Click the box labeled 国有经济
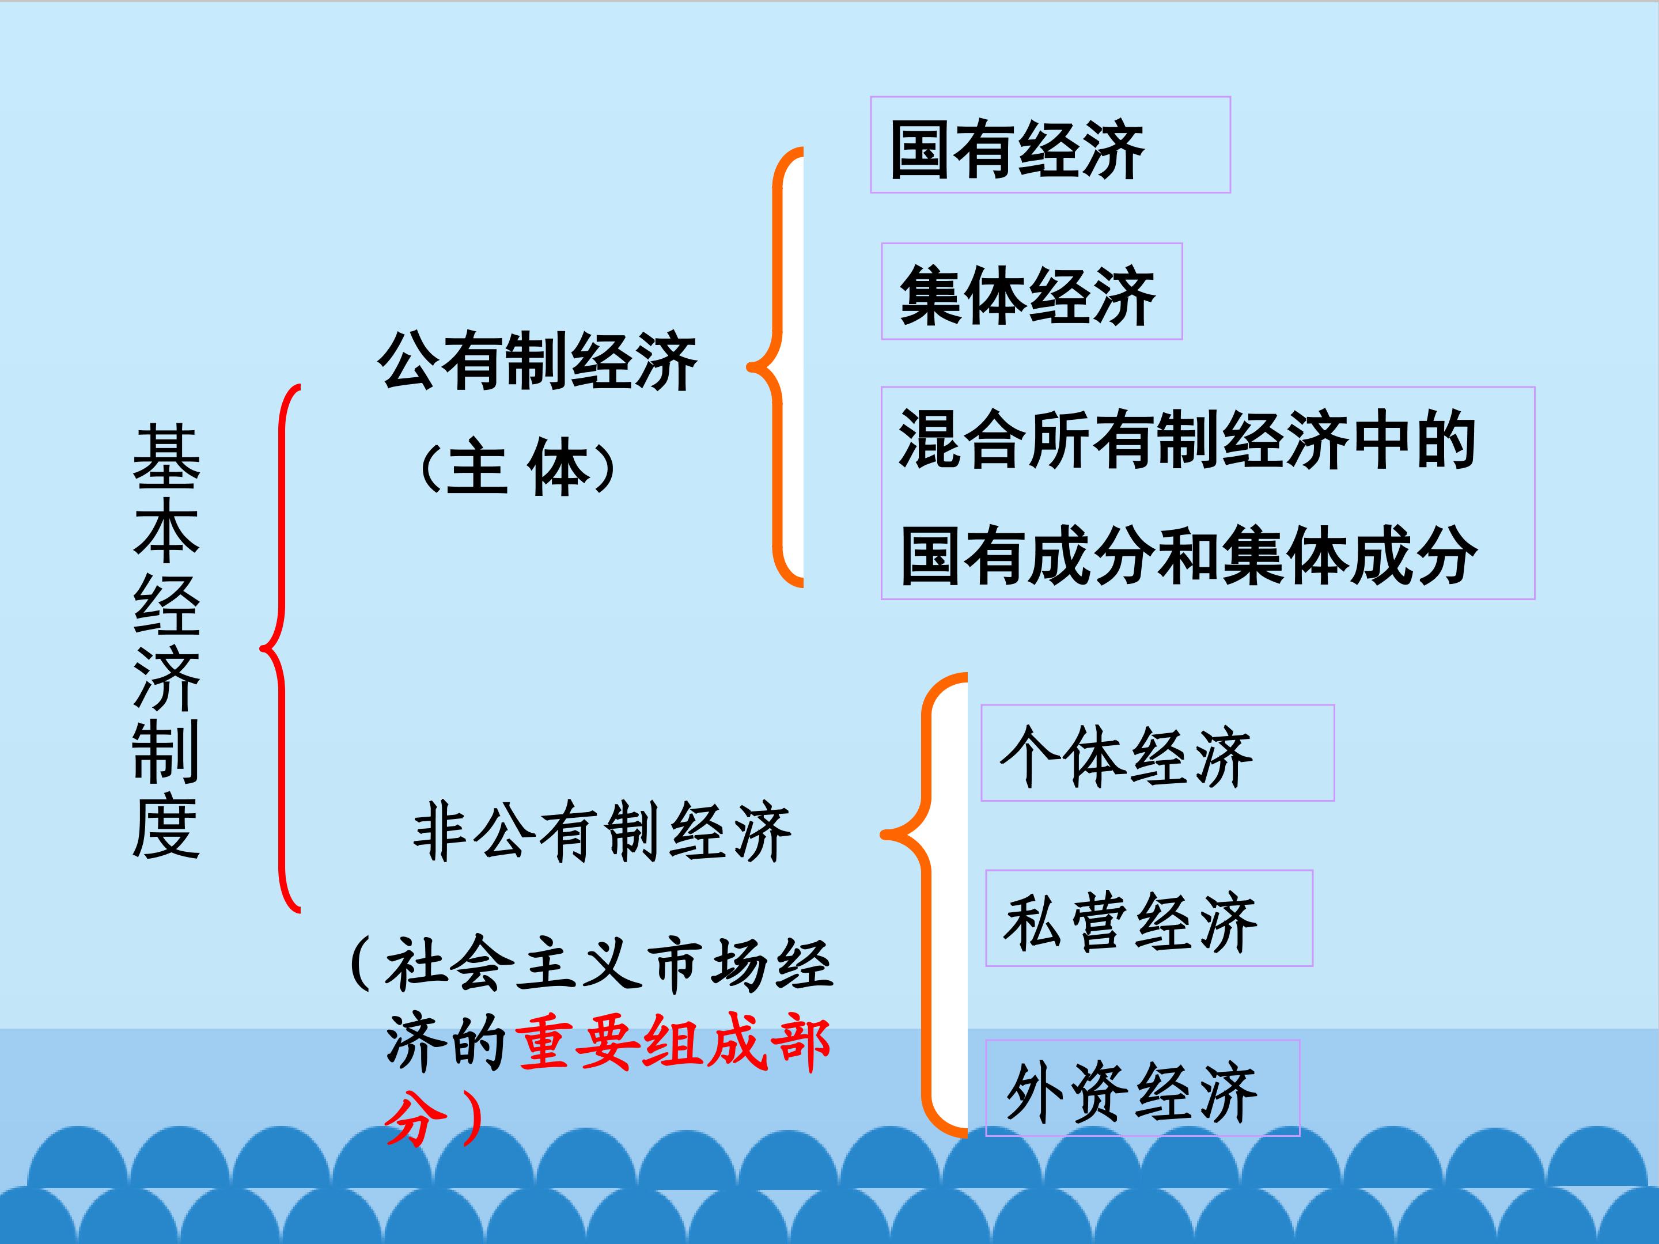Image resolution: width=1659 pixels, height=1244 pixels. tap(1050, 145)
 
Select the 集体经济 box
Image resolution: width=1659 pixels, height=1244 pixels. tap(1031, 291)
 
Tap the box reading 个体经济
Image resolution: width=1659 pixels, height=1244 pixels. tap(1157, 753)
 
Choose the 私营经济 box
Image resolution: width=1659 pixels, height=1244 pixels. tap(1149, 918)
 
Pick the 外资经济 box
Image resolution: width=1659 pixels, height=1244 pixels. tap(1142, 1088)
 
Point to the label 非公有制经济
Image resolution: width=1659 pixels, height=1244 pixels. tap(602, 832)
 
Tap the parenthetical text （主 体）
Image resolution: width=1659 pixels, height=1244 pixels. tap(519, 469)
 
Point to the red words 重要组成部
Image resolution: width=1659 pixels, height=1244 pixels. tap(673, 1044)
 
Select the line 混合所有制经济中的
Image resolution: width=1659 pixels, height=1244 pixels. tap(1187, 439)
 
